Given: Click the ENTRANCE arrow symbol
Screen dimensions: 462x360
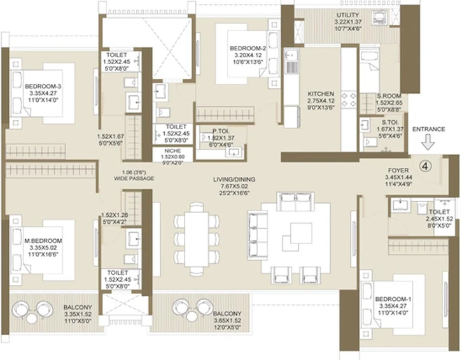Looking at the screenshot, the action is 428,142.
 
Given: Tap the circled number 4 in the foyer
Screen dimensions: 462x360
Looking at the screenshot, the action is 425,166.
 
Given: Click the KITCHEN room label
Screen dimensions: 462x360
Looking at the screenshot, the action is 321,94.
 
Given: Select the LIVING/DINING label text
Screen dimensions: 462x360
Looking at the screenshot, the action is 234,179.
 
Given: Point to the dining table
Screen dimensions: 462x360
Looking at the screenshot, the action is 197,239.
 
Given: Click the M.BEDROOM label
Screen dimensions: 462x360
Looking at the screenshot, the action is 43,241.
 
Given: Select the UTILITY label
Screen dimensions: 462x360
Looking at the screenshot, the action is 348,15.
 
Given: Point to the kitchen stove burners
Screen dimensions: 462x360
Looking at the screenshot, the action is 349,100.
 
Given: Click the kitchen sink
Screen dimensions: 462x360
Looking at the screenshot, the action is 291,62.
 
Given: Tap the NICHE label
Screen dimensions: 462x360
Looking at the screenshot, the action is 172,151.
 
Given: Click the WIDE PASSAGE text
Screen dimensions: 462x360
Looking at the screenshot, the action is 134,179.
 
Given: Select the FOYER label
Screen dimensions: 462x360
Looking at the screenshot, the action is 398,170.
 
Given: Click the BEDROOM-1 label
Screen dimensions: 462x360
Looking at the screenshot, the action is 393,300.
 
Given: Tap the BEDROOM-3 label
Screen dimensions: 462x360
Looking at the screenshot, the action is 43,87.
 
